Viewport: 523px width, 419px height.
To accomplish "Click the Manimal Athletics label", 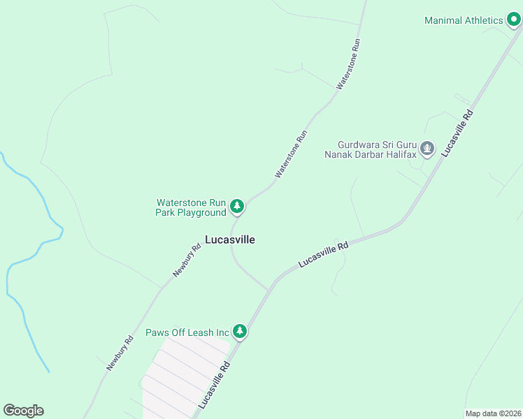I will coord(464,20).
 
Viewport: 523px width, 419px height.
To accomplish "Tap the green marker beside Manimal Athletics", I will coord(514,20).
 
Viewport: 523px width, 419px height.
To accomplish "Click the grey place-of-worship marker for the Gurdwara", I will coord(428,149).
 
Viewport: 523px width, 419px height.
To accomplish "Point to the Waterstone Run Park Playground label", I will coord(191,207).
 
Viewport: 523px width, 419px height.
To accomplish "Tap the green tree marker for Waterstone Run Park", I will coord(237,206).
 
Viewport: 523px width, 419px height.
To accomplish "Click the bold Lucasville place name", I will coord(230,240).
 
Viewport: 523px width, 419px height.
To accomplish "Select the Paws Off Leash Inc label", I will coord(187,332).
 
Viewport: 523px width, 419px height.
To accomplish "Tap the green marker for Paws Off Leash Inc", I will coord(241,331).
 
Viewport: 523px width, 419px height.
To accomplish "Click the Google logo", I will coord(24,411).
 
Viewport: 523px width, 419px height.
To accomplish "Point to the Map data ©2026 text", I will coord(493,413).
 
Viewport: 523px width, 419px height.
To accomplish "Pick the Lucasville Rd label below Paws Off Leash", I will coord(214,385).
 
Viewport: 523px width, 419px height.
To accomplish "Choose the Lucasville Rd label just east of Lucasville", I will coord(323,255).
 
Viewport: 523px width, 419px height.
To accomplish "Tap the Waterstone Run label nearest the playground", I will coord(291,153).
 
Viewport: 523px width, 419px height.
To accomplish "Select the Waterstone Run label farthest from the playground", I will coord(348,63).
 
